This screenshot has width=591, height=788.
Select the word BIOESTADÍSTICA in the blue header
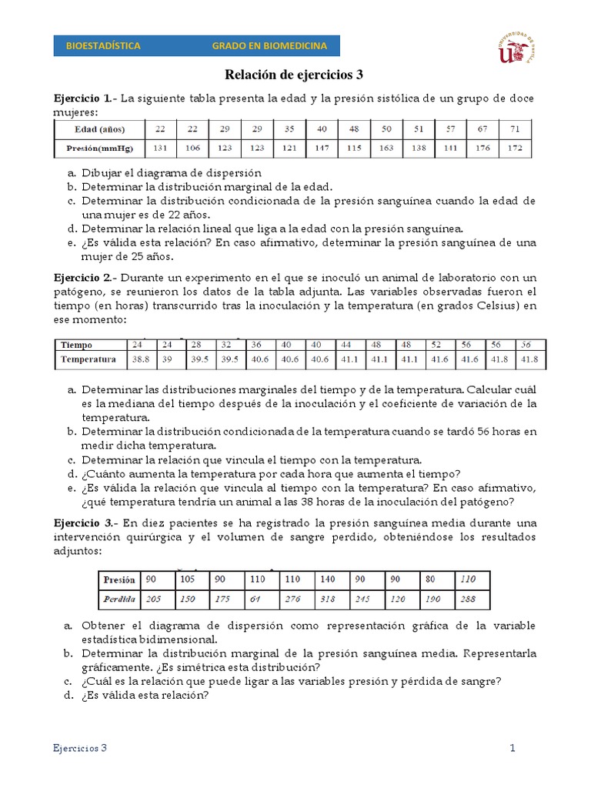pos(104,46)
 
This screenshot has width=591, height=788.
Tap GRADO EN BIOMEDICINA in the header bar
pos(269,46)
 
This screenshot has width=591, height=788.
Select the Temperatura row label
pos(88,359)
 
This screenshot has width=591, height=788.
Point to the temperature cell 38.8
pos(141,359)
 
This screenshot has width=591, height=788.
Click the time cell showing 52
pos(436,345)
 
